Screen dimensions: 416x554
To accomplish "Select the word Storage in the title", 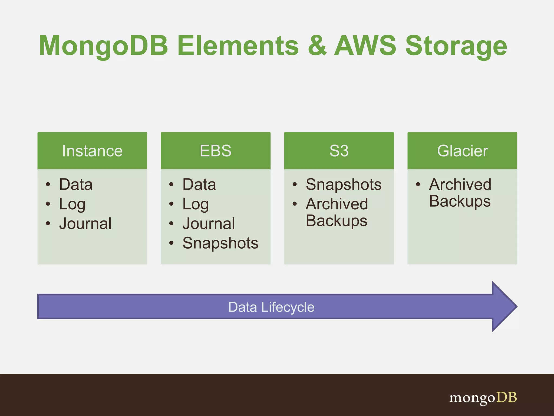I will tap(456, 46).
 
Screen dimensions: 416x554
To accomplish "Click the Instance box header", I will tap(92, 151).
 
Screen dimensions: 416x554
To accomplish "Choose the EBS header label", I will tap(216, 151).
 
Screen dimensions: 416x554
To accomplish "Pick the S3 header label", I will tap(339, 151).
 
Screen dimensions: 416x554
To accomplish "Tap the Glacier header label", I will tap(462, 151).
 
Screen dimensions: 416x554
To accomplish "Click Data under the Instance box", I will tap(76, 184).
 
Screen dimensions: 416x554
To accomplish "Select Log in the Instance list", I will tap(72, 204).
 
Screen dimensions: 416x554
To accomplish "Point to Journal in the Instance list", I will tap(85, 224).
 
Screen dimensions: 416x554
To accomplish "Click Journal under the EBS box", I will tap(209, 224).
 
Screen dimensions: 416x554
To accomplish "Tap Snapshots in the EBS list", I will tap(220, 243).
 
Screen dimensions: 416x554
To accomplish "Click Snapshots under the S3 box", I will tap(344, 184).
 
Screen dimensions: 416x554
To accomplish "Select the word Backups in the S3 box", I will tap(337, 221).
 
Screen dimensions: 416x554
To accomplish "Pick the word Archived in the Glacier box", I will tap(460, 184).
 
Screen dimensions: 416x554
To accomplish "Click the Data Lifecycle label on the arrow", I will tap(271, 307).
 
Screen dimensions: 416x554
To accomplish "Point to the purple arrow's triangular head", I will tap(503, 307).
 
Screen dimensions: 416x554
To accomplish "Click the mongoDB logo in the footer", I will tap(483, 398).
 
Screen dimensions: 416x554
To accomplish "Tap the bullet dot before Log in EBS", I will tap(171, 204).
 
